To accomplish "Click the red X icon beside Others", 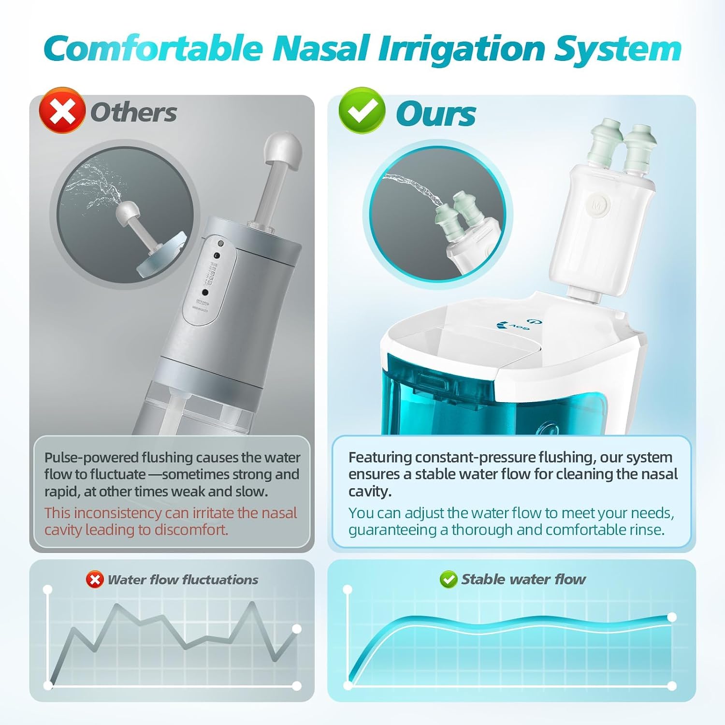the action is click(62, 111).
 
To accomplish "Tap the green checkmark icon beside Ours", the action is click(362, 111).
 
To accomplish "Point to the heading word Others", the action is click(133, 113).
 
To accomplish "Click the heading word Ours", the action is click(436, 115).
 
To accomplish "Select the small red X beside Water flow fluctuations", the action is click(95, 580).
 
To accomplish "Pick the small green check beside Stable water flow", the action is click(449, 579).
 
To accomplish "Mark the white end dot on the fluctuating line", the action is click(297, 629).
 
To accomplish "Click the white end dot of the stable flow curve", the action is click(672, 617).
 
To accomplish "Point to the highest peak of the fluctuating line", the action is click(252, 603).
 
